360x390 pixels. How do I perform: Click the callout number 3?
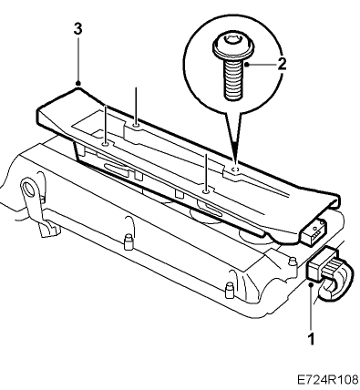point(77,29)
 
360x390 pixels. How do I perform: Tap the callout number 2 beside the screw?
point(282,64)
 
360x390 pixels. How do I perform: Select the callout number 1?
point(311,338)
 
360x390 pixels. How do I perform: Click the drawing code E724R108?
point(327,379)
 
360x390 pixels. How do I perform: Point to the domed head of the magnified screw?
point(233,46)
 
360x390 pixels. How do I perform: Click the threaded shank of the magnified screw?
point(233,78)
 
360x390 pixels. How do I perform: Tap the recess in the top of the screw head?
point(232,38)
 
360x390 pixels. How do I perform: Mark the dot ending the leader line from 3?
point(78,83)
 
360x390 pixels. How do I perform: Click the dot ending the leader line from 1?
point(311,284)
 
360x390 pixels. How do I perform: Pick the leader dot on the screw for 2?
point(247,64)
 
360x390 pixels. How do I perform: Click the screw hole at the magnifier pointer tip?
point(234,169)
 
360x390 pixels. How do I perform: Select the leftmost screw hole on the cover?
point(105,144)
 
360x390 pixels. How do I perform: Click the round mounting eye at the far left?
point(29,188)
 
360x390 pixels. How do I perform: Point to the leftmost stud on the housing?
point(129,241)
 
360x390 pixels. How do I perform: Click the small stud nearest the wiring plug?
point(292,262)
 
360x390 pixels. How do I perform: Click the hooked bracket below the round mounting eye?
point(48,229)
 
